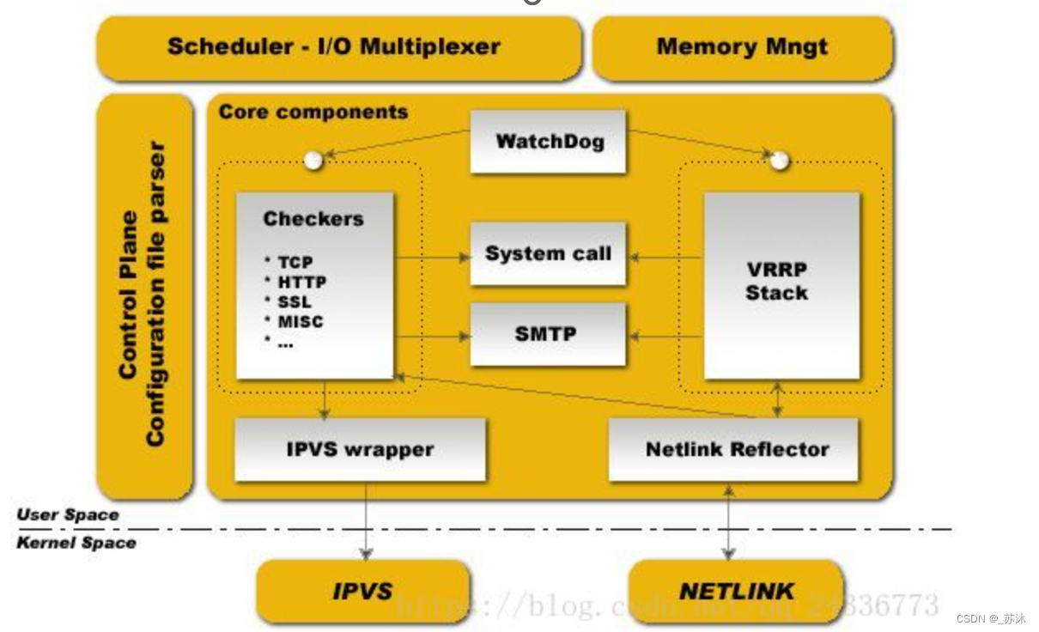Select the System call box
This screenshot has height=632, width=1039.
click(548, 254)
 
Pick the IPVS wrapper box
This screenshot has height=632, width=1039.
click(360, 449)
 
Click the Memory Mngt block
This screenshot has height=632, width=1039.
click(742, 47)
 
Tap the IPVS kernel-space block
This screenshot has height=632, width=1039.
click(362, 591)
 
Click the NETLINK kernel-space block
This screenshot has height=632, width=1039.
click(737, 591)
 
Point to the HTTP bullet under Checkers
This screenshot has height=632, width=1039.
click(301, 283)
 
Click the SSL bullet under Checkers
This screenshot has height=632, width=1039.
click(294, 302)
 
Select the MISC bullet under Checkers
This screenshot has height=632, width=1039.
click(300, 322)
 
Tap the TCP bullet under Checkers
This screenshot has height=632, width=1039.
click(295, 263)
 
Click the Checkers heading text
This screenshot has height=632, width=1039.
click(313, 219)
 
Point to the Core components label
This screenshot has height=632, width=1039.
click(313, 112)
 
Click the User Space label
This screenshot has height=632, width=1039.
click(68, 515)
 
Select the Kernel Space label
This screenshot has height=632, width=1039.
click(76, 543)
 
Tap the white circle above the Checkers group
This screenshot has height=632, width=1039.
click(314, 160)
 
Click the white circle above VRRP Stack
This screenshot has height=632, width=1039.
click(779, 161)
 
